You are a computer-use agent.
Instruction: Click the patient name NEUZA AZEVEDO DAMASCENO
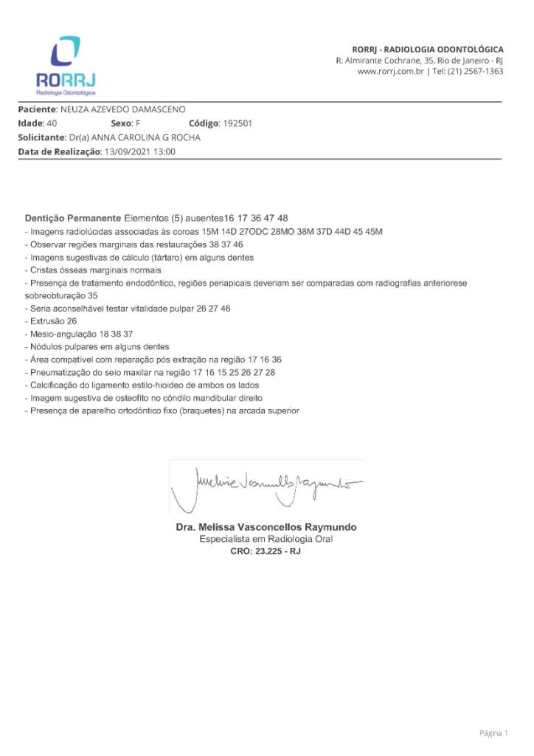[122, 109]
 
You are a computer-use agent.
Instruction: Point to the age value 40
[52, 123]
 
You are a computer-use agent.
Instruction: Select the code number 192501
[237, 123]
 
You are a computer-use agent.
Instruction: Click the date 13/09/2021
[128, 151]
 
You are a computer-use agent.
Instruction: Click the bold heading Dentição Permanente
[72, 219]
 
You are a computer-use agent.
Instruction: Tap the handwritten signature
[266, 486]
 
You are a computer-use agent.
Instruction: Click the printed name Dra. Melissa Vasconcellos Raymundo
[266, 527]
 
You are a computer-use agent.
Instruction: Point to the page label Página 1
[493, 733]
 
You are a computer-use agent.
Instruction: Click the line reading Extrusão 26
[51, 321]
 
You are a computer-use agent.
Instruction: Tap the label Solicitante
[41, 137]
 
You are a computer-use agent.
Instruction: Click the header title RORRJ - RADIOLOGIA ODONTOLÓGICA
[428, 49]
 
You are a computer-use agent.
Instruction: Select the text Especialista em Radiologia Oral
[266, 539]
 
